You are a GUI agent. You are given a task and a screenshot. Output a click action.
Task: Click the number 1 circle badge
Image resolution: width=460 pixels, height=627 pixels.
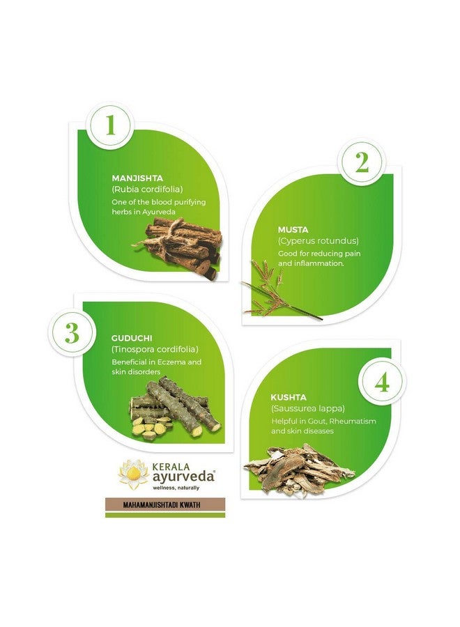point(109,125)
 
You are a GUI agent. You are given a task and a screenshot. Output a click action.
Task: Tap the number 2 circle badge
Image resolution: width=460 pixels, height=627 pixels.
point(362,162)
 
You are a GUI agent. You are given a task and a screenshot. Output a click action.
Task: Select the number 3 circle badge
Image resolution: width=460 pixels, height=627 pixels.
point(72,333)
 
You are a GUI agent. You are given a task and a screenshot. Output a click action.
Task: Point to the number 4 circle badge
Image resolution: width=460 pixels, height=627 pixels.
point(382,383)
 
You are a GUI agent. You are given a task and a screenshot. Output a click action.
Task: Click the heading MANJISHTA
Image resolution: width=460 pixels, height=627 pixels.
point(137,178)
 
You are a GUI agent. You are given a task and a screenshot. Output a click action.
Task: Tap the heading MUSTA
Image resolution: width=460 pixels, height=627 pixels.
point(293,229)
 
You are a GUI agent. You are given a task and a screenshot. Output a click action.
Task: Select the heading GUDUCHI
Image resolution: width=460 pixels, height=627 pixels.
point(132,338)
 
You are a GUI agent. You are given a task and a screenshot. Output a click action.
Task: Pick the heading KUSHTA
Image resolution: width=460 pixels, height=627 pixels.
point(289,396)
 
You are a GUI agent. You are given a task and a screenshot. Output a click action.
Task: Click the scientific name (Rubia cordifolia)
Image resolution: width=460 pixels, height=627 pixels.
point(147,189)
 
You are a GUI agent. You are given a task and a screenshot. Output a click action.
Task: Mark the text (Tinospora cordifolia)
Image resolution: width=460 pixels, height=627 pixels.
point(155,349)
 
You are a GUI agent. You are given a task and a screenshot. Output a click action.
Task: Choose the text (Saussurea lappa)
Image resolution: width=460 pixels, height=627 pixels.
point(307,408)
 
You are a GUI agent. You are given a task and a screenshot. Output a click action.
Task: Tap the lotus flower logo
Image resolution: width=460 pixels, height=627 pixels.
point(133,474)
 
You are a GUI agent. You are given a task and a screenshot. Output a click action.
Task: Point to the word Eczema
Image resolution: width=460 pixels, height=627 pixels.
point(174,362)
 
